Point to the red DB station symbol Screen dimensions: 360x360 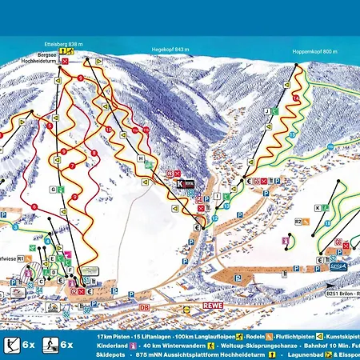click(x=145, y=306)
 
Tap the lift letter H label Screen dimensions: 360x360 click(x=140, y=158)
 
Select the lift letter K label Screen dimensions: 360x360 click(x=317, y=207)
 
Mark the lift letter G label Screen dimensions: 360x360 click(x=52, y=190)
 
